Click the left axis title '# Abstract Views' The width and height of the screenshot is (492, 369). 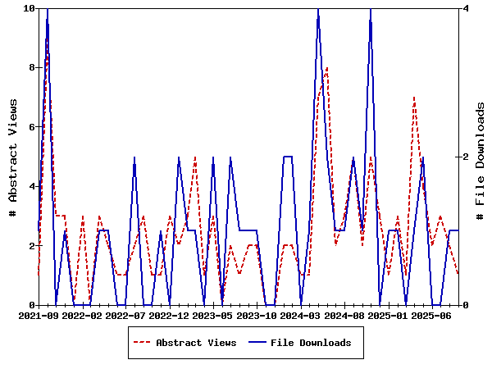click(x=13, y=157)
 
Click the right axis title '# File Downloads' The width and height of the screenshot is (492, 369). click(x=481, y=157)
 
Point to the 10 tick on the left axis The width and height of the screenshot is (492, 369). click(x=30, y=8)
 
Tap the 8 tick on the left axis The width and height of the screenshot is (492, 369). click(x=30, y=67)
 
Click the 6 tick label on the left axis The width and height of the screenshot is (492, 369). click(x=30, y=127)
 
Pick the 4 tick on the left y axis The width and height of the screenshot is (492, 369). click(x=30, y=186)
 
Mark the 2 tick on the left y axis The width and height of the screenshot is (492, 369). click(x=30, y=246)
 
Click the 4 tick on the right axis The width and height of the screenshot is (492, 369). click(x=466, y=8)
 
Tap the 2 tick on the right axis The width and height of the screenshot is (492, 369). click(x=466, y=157)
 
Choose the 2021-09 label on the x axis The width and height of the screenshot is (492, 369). click(x=38, y=315)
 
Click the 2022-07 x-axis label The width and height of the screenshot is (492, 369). click(x=125, y=315)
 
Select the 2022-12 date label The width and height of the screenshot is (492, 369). click(x=170, y=315)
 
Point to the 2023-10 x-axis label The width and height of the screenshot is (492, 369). click(x=257, y=315)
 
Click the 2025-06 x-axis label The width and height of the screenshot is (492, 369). click(x=432, y=315)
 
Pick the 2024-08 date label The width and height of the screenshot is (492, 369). click(x=345, y=315)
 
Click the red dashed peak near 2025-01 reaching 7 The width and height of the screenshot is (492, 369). click(x=414, y=98)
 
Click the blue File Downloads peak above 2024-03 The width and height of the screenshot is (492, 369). click(x=318, y=9)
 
